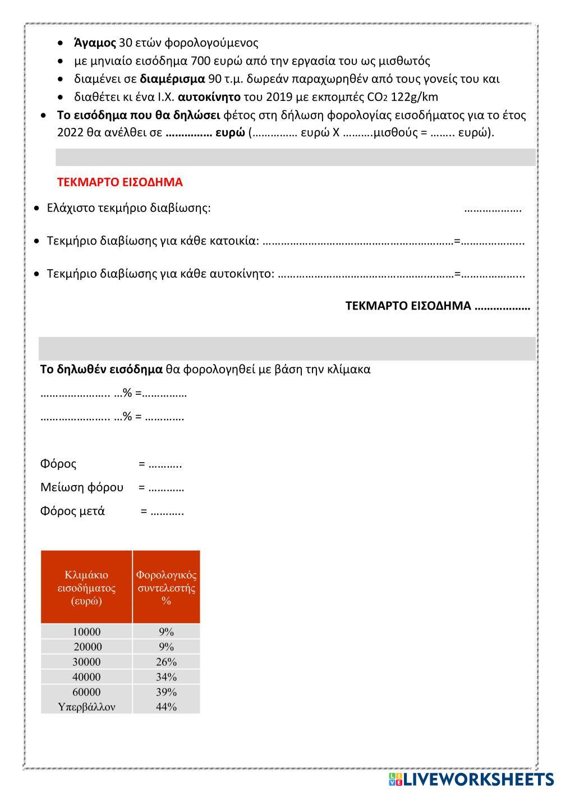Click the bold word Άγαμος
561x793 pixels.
coord(95,43)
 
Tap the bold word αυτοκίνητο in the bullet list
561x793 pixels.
coord(209,97)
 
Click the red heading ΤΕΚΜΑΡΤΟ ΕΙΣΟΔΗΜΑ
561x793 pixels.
coord(119,182)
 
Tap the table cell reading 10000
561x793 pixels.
coord(86,632)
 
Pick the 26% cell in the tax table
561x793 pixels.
coord(166,662)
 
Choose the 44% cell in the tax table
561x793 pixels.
coord(166,707)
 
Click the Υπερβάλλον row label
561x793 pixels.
coord(86,707)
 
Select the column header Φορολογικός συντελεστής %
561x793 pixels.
coord(166,588)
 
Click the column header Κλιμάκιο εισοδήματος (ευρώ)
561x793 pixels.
coord(86,588)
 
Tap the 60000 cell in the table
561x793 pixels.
coord(86,692)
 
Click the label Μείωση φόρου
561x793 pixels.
coord(82,487)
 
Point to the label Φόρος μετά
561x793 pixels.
coord(72,511)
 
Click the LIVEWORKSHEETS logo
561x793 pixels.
coord(471,779)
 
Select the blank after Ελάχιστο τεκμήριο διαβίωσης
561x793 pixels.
coord(493,209)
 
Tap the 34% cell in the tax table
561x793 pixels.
coord(166,677)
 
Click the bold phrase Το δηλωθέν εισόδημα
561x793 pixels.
coord(101,370)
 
